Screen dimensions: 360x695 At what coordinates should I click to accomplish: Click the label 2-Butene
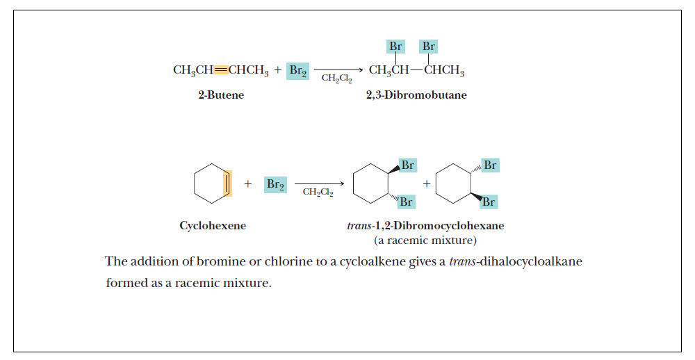tap(221, 95)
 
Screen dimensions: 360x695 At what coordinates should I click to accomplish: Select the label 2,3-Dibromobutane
tap(416, 95)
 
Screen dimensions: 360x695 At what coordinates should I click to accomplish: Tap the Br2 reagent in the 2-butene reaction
tap(297, 70)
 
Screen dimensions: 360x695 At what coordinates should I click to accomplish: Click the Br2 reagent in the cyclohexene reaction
tap(275, 185)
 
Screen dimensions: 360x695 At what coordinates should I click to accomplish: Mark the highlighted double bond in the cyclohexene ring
tap(227, 184)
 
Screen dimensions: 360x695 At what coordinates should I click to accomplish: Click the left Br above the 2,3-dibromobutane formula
tap(395, 47)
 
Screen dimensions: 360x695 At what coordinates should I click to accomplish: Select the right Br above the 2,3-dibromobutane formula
tap(429, 47)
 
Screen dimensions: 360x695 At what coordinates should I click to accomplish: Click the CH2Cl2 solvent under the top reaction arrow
tap(336, 79)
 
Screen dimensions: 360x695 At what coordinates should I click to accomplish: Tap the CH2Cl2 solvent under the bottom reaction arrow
tap(318, 193)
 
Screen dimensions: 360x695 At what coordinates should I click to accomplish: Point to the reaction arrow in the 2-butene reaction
tap(338, 69)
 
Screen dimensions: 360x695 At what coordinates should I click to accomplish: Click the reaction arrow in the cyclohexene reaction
tap(319, 184)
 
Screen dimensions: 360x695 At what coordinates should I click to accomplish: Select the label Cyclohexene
tap(213, 226)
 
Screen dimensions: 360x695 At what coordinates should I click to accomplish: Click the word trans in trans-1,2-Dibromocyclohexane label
tap(359, 226)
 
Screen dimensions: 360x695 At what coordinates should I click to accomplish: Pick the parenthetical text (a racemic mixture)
tap(425, 240)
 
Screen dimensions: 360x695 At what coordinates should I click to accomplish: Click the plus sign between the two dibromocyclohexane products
tap(427, 184)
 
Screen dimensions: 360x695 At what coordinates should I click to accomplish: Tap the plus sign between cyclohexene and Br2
tap(247, 184)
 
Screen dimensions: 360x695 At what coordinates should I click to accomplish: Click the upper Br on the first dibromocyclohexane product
tap(408, 165)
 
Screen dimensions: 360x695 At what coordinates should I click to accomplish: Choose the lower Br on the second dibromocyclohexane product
tap(489, 202)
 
